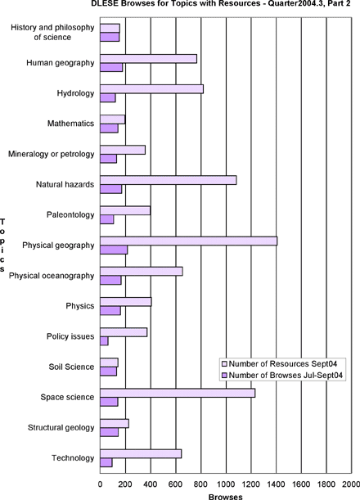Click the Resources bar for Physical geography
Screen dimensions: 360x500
click(189, 241)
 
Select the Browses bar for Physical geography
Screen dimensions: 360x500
click(114, 250)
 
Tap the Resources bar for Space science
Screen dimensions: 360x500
click(178, 393)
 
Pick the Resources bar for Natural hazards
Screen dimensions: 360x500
click(169, 180)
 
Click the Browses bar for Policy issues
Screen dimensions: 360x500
click(104, 341)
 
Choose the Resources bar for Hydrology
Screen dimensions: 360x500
click(152, 89)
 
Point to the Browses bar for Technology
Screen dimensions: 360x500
click(106, 462)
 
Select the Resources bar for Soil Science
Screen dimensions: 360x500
click(109, 363)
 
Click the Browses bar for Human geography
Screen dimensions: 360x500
click(111, 68)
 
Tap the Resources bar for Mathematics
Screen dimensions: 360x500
click(113, 119)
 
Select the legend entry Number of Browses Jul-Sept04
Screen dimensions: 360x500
click(282, 376)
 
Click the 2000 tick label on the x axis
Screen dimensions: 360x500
click(351, 484)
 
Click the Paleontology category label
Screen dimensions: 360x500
click(70, 215)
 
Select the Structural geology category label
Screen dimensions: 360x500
click(61, 428)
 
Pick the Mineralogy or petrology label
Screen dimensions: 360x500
click(52, 154)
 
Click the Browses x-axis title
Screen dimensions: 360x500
click(226, 497)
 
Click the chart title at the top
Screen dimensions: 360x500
click(221, 4)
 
